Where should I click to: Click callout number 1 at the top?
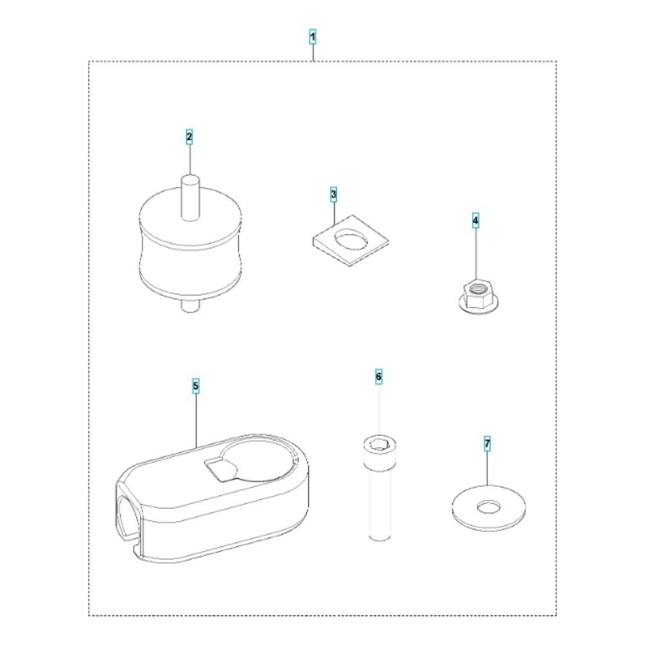coord(313,37)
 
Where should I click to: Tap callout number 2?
coord(189,137)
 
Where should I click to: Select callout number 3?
coord(333,193)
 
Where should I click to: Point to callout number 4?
coord(475,221)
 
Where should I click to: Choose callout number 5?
coord(196,386)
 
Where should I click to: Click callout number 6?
coord(379,377)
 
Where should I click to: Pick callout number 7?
coord(487,444)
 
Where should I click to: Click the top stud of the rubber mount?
coord(190,197)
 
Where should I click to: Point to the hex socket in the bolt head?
coord(379,444)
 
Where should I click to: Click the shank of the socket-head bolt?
coord(379,501)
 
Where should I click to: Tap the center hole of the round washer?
coord(488,506)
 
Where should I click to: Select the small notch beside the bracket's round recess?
coord(220,470)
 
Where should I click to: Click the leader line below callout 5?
coord(196,421)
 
